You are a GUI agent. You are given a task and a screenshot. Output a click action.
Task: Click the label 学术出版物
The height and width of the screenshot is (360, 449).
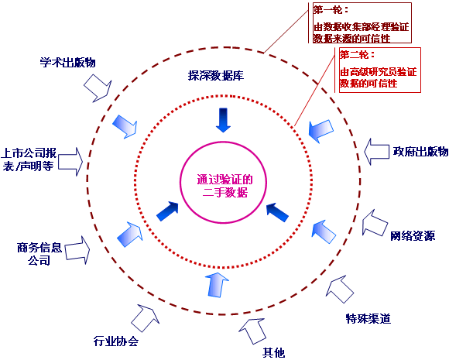[x=67, y=63]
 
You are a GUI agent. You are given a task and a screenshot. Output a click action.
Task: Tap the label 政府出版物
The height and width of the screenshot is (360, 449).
[x=420, y=151]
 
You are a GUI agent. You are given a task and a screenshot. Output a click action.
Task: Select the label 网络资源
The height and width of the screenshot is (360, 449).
[x=413, y=235]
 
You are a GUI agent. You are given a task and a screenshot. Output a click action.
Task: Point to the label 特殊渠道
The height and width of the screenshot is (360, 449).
[x=368, y=318]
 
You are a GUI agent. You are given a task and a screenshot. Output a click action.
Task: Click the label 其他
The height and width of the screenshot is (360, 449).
[x=274, y=352]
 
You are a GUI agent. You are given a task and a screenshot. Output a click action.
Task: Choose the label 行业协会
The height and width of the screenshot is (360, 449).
[x=116, y=341]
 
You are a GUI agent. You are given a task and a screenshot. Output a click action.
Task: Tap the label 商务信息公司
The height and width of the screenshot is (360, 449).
[x=39, y=254]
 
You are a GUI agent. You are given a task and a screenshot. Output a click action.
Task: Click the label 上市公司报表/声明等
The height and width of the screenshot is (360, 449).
[x=29, y=159]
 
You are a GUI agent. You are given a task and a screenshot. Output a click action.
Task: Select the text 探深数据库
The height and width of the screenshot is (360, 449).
[x=216, y=76]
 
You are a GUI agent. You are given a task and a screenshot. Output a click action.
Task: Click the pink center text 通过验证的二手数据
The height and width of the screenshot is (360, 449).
[x=224, y=186]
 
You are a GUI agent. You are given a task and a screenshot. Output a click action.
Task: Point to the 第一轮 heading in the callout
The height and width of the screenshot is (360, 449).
[x=331, y=10]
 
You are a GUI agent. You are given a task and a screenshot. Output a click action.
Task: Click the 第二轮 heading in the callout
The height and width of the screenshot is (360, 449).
[x=358, y=54]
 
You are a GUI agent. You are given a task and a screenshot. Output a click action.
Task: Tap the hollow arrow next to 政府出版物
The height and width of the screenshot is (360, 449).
[x=376, y=152]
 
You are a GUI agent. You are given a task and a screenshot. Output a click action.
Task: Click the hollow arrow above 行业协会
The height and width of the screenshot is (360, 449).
[x=146, y=318]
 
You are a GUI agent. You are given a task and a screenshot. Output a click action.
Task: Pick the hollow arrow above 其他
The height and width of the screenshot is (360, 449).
[x=252, y=331]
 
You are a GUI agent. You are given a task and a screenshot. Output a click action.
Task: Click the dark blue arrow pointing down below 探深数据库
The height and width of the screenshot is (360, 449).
[x=223, y=120]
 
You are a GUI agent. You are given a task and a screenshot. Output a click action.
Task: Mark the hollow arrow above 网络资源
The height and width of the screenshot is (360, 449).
[x=375, y=223]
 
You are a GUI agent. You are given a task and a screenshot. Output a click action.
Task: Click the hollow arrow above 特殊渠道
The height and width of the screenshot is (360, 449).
[x=340, y=290]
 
